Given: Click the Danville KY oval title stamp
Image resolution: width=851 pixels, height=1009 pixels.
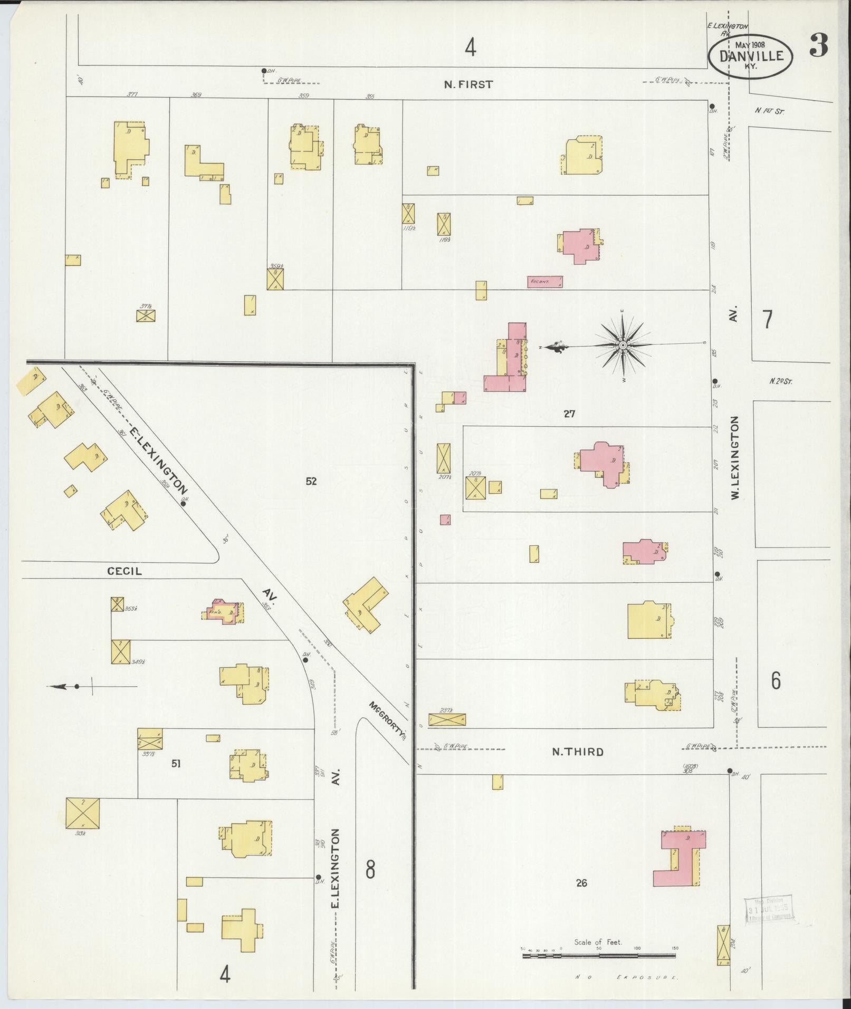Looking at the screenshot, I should [x=750, y=56].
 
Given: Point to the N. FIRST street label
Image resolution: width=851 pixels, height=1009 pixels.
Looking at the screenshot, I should [x=468, y=84].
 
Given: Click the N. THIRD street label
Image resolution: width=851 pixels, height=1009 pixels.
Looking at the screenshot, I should [x=577, y=752].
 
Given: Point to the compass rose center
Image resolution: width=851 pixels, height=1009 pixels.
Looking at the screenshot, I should [x=623, y=345].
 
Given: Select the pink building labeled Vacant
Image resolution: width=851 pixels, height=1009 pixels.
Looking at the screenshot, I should [x=544, y=282].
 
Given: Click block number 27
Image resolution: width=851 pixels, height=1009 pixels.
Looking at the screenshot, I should [x=569, y=414].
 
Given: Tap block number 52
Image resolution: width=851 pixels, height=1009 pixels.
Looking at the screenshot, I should [x=311, y=481].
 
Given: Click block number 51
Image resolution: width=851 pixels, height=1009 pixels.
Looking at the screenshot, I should [x=175, y=763].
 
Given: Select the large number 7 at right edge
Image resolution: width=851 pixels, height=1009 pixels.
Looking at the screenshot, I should [x=767, y=320].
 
